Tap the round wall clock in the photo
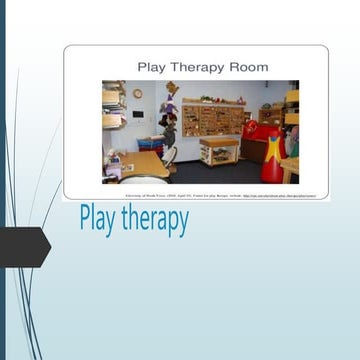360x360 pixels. (137, 94)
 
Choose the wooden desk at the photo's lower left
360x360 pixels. (140, 166)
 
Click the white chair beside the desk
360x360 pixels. (170, 155)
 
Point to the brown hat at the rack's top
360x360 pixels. (172, 88)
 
